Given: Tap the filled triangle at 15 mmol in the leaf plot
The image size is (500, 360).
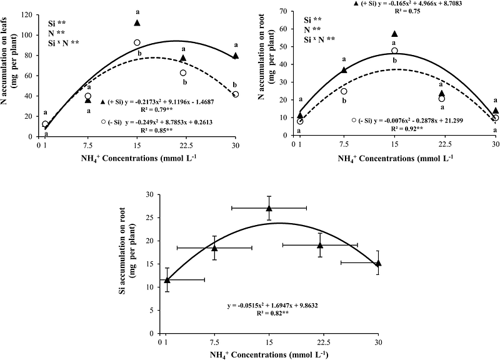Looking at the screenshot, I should tap(137, 23).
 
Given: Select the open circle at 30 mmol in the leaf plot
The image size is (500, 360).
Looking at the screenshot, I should tap(236, 94).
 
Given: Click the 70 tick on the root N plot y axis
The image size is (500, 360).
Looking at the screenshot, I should tap(287, 11).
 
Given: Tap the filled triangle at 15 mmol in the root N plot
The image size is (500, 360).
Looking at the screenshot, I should tap(394, 34).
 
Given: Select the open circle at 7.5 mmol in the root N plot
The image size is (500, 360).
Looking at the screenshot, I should tap(344, 91).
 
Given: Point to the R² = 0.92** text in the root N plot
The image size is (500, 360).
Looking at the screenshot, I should tap(409, 127).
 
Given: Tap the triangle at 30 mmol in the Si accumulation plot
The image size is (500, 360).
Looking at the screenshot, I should tap(377, 263).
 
